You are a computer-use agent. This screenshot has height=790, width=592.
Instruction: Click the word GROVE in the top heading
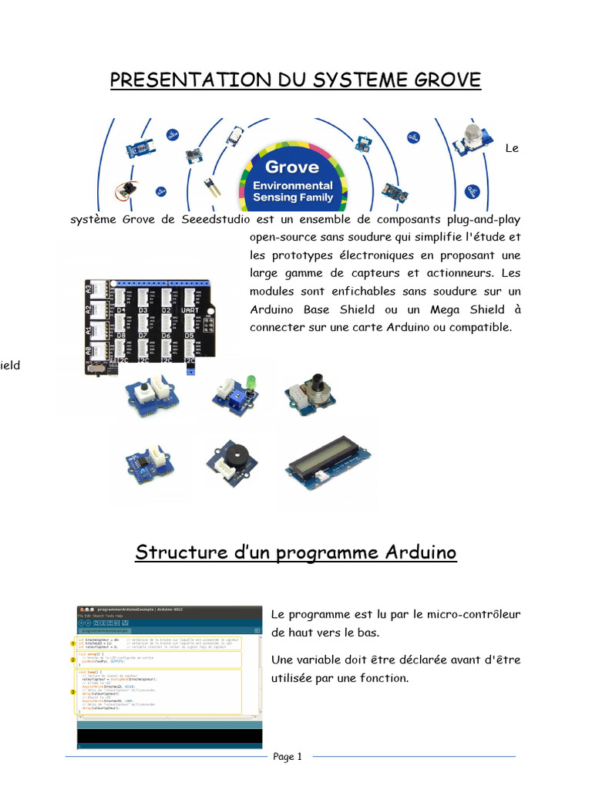[x=446, y=79]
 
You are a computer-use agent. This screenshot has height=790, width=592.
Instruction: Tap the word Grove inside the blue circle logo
[x=291, y=167]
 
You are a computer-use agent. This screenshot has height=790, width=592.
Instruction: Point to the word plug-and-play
[x=478, y=219]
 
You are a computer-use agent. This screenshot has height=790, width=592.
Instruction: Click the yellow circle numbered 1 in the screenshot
[x=73, y=642]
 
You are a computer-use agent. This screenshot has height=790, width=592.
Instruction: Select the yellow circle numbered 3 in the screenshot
[x=73, y=692]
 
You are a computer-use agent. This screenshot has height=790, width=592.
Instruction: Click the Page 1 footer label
[x=288, y=757]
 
